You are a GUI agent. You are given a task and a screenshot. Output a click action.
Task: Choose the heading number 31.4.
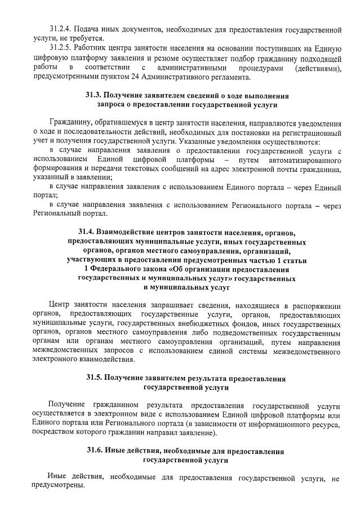click(87, 232)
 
